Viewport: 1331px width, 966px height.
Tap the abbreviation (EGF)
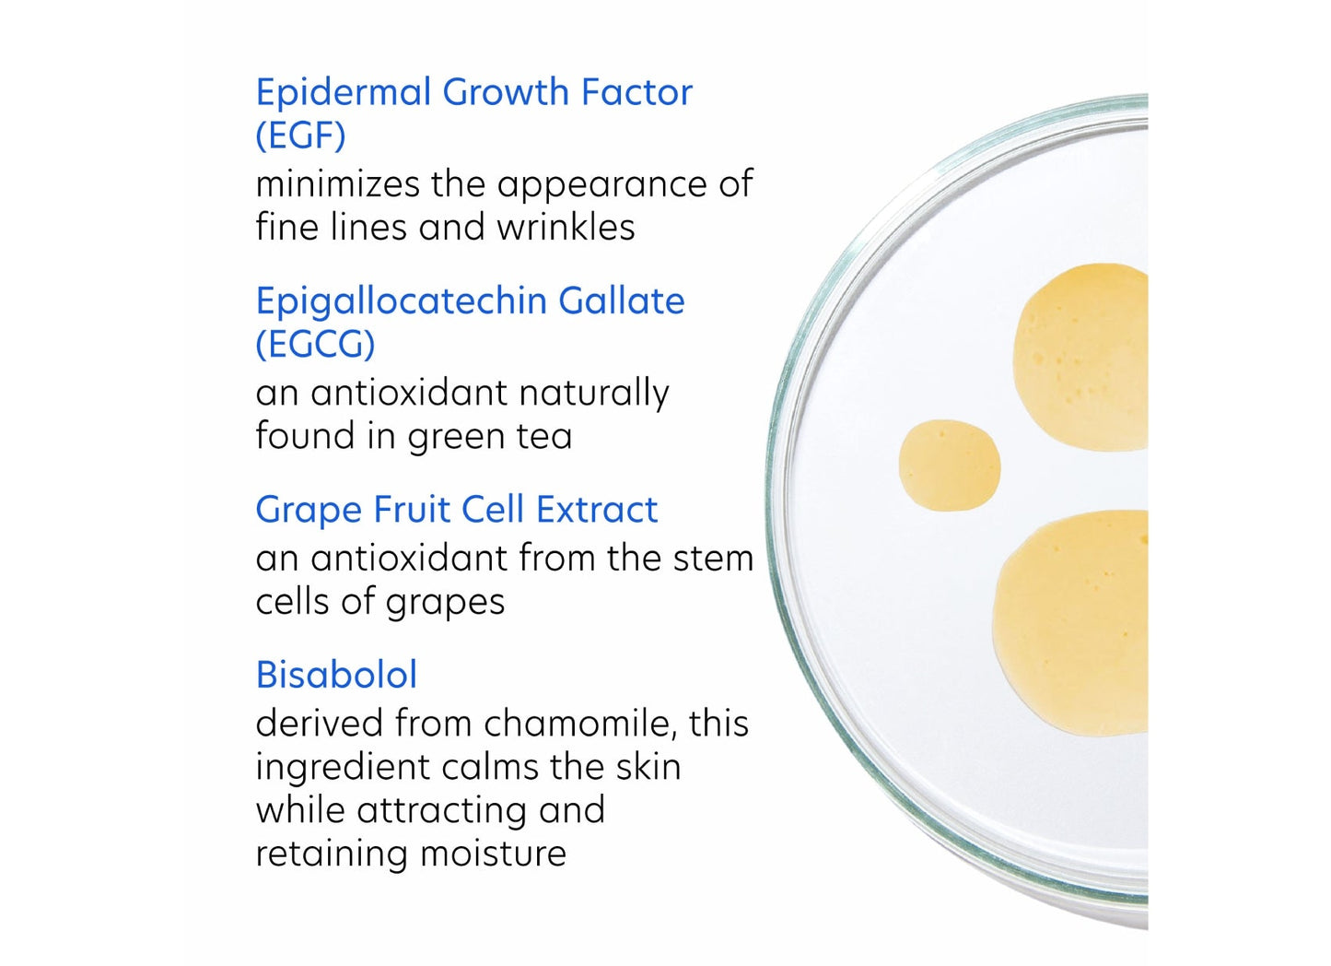pyautogui.click(x=300, y=136)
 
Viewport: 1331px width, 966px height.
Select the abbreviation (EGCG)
pyautogui.click(x=315, y=345)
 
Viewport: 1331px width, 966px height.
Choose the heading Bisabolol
pyautogui.click(x=336, y=675)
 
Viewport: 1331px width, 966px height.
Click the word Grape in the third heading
pyautogui.click(x=308, y=511)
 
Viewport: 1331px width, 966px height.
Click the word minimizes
pyautogui.click(x=338, y=184)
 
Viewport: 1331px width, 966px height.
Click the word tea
pyautogui.click(x=544, y=437)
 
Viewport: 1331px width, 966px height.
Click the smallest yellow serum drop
pyautogui.click(x=949, y=465)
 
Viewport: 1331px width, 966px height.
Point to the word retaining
pyautogui.click(x=332, y=854)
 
